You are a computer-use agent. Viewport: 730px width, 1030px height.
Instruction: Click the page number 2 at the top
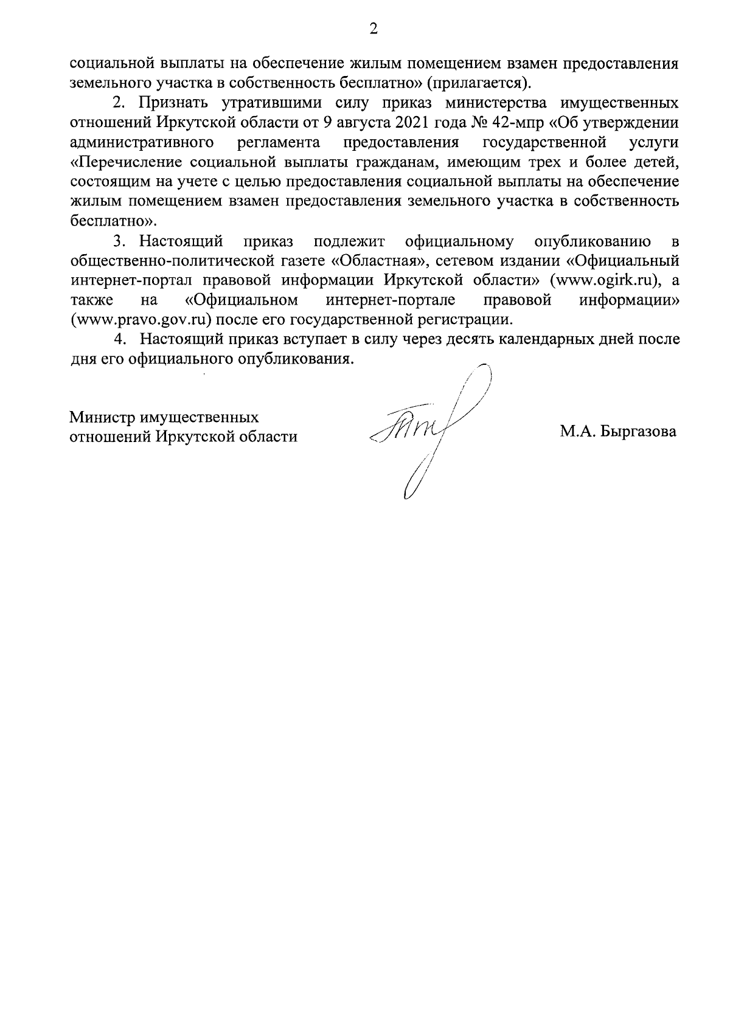(x=374, y=29)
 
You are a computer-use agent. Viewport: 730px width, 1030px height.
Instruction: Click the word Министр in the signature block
(x=101, y=418)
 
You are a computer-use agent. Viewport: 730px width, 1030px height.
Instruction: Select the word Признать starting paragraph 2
(x=169, y=103)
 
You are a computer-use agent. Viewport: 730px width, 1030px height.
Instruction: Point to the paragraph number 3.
(x=118, y=242)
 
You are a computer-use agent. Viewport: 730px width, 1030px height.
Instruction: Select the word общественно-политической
(x=173, y=261)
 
